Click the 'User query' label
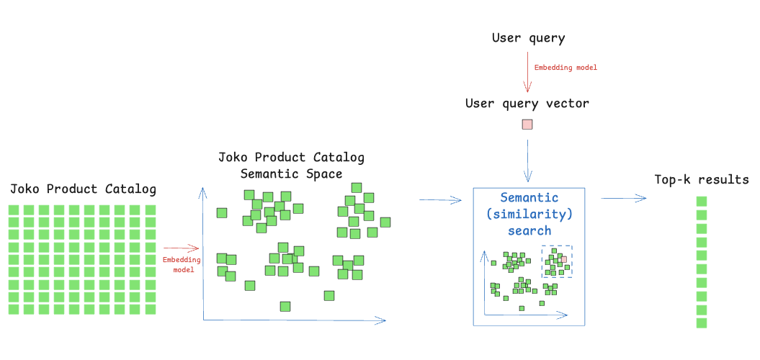(528, 38)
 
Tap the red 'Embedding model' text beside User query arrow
(565, 68)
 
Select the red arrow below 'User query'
(527, 71)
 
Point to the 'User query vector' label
(527, 104)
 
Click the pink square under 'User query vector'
(527, 125)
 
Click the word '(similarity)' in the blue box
(529, 214)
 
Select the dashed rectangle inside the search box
(557, 261)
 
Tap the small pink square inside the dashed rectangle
(563, 258)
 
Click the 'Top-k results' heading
(701, 180)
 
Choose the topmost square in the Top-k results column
(702, 202)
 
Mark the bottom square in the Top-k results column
(702, 323)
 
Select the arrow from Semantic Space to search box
(440, 199)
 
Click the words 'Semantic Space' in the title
(291, 174)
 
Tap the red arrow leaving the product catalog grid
(181, 248)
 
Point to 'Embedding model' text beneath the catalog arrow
(182, 264)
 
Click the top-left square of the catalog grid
(14, 210)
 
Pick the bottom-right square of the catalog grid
(151, 310)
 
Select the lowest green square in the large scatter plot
(285, 307)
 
